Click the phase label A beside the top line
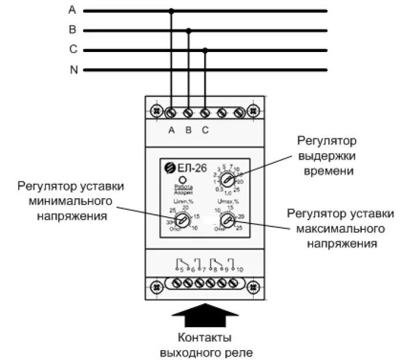(72, 10)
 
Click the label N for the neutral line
(73, 70)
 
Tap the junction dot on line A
(171, 10)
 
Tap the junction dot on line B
(188, 30)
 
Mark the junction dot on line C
(205, 50)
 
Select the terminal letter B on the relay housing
(188, 129)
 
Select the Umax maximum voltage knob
(226, 220)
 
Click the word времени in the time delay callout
(327, 171)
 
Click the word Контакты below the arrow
(205, 337)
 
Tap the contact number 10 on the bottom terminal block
(239, 269)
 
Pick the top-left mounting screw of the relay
(155, 110)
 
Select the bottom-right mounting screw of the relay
(253, 285)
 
